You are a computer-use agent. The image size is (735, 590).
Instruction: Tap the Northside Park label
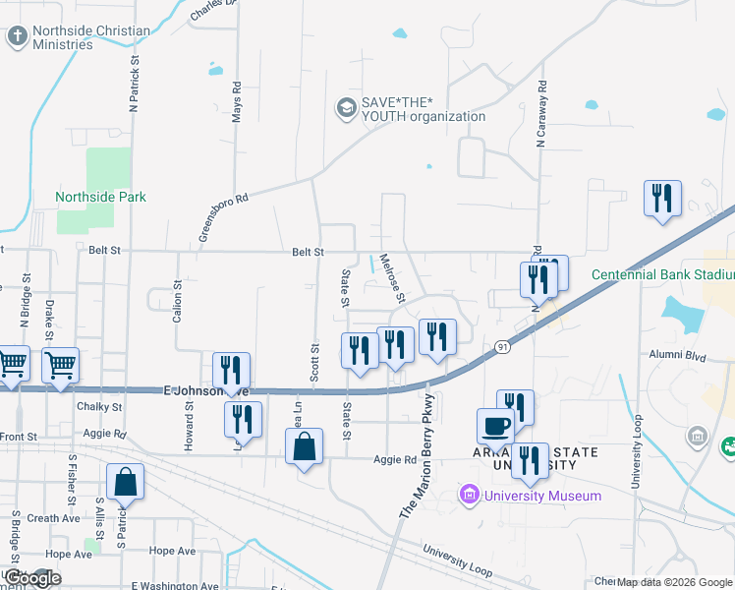click(x=100, y=197)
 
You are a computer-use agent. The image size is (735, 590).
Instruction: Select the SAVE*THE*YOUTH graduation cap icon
click(x=345, y=107)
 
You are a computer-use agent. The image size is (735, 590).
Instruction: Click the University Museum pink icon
click(x=469, y=495)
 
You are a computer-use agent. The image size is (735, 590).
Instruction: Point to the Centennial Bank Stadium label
click(x=662, y=274)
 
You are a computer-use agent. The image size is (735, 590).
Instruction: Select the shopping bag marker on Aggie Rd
click(x=305, y=448)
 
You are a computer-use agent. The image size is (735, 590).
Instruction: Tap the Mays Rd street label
click(x=237, y=101)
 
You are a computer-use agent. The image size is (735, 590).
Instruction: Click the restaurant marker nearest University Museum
click(x=530, y=461)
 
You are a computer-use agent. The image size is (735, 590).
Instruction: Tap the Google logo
click(x=32, y=579)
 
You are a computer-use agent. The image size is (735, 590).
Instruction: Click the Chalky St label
click(x=98, y=406)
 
